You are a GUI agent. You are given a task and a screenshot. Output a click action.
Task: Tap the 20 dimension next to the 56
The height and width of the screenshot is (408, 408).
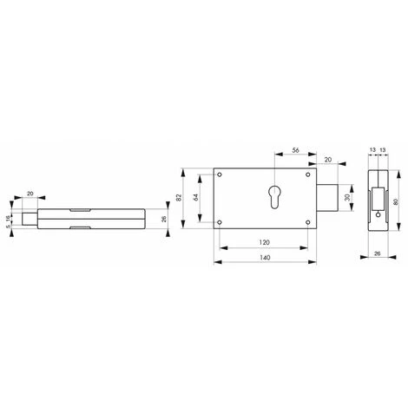(329, 160)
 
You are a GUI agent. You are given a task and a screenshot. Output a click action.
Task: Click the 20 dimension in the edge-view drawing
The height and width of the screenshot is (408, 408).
(31, 194)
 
